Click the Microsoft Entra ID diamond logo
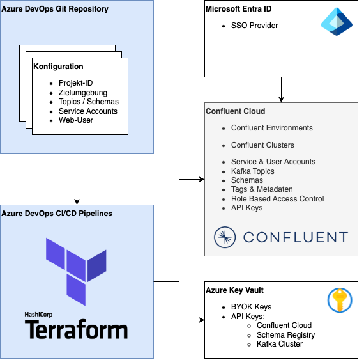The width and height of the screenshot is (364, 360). coord(337,22)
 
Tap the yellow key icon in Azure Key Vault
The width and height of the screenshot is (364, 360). coord(340,301)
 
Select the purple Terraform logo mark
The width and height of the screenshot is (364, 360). coord(76,272)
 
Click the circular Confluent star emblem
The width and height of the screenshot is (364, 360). coord(225,237)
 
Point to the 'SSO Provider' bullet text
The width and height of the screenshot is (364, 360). coord(254,26)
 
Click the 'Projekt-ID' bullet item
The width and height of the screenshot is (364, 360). coord(76,83)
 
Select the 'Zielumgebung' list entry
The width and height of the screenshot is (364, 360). coord(83,93)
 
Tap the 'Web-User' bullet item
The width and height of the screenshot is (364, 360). coord(76,120)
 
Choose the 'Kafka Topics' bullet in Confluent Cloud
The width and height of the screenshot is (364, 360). coord(253,171)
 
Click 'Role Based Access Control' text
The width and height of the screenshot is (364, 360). coord(277,199)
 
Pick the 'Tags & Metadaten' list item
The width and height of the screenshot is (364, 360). coord(262,189)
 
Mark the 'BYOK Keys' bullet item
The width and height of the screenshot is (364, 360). coord(251,307)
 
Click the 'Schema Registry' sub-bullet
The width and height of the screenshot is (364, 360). coord(285,335)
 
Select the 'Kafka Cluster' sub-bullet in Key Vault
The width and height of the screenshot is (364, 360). coord(280,344)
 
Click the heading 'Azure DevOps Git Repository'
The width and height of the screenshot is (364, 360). coord(55,9)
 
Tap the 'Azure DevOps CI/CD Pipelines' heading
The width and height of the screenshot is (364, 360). coord(57,214)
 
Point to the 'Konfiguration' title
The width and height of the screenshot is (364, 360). coord(58,67)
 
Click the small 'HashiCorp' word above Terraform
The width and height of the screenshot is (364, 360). coord(38,315)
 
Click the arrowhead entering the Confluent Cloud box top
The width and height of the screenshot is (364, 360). coord(281,100)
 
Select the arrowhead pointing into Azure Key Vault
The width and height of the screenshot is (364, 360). coord(202,320)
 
